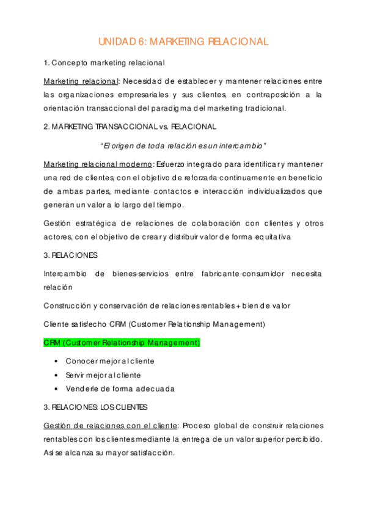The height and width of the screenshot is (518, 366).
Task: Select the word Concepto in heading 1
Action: [70, 62]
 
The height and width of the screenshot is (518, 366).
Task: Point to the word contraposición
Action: [274, 95]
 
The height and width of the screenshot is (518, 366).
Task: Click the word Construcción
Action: [67, 305]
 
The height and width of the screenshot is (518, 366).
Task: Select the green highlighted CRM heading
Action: [122, 343]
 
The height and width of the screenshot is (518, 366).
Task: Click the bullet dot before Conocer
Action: [56, 361]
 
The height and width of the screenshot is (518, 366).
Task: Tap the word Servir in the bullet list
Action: [76, 374]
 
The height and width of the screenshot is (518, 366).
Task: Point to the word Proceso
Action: [197, 425]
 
